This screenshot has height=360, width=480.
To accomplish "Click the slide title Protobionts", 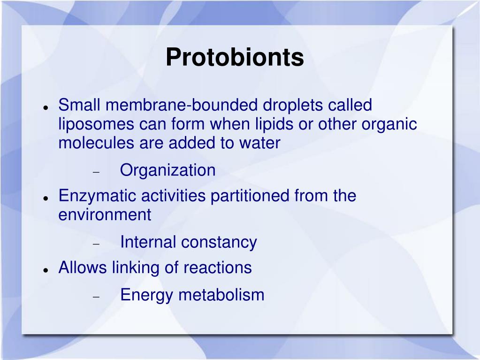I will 235,57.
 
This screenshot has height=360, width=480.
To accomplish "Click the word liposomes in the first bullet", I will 96,124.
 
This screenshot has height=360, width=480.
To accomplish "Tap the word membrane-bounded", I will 183,105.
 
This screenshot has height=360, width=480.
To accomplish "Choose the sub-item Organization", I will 168,170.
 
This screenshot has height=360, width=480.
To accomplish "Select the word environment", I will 105,214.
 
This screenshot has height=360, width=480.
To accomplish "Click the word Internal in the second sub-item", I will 148,242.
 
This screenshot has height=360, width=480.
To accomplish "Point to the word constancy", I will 219,242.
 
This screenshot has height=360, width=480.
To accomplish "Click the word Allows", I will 83,268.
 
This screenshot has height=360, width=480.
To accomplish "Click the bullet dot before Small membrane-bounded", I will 46,107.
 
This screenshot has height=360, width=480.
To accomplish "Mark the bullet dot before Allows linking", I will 46,270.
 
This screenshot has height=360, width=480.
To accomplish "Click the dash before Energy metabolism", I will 96,297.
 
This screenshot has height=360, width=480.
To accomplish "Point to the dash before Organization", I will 96,172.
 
